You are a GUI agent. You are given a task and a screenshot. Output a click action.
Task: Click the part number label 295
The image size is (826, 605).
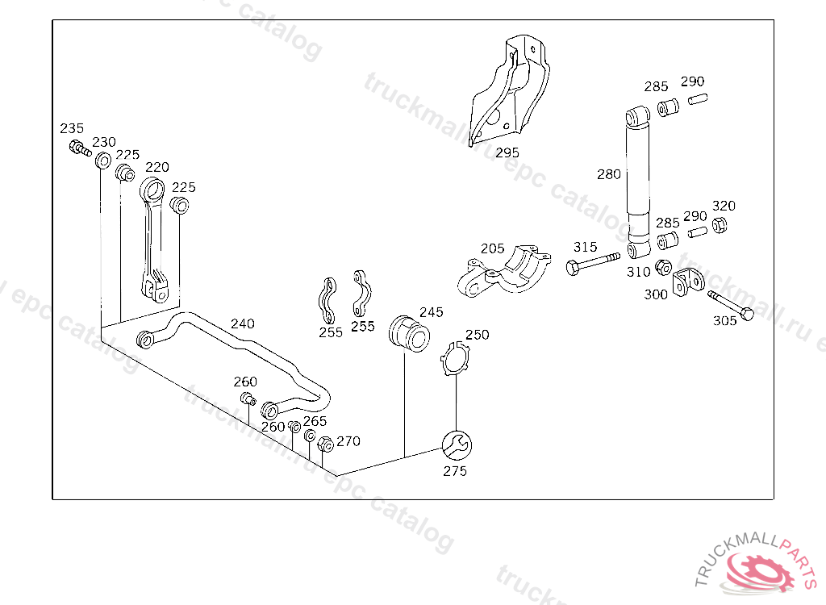[507, 152]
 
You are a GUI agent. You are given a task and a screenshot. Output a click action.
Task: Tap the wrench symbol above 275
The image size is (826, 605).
[456, 444]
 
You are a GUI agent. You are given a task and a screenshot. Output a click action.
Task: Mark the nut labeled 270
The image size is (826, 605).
[325, 444]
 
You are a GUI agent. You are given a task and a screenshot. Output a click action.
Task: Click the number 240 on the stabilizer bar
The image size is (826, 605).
[242, 323]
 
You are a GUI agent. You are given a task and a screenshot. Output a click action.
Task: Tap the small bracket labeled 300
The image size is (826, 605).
[688, 282]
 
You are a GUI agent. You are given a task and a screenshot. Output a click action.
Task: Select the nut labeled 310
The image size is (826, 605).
[664, 268]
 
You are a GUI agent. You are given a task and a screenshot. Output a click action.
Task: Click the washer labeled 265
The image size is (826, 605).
[310, 436]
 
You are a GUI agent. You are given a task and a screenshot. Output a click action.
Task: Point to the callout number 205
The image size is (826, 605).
[492, 248]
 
